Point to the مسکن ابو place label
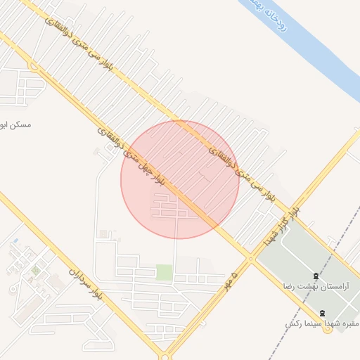pos(13,124)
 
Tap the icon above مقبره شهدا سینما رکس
pos(322,312)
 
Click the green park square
pos(164,272)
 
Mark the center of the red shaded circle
pos(180,179)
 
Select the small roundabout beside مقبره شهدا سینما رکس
pos(328,330)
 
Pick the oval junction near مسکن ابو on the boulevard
pos(33,67)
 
